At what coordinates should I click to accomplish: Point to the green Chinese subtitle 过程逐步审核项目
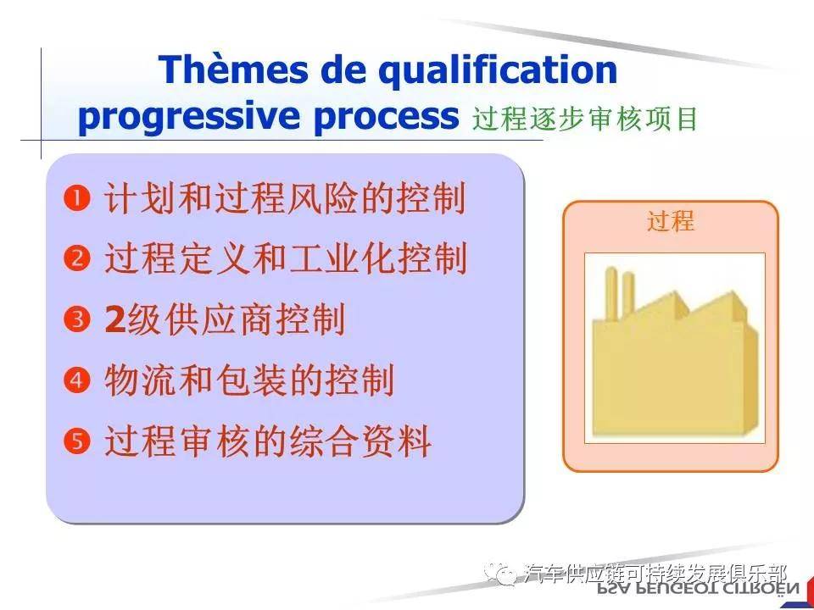pyautogui.click(x=585, y=119)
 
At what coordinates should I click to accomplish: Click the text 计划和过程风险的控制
pyautogui.click(x=285, y=200)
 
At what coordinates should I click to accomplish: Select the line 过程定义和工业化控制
pyautogui.click(x=285, y=258)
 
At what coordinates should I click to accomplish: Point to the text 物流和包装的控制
pyautogui.click(x=249, y=380)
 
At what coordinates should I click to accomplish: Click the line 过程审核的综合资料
pyautogui.click(x=267, y=441)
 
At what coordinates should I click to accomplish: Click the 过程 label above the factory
pyautogui.click(x=671, y=221)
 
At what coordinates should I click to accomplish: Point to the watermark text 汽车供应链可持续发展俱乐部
pyautogui.click(x=656, y=573)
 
